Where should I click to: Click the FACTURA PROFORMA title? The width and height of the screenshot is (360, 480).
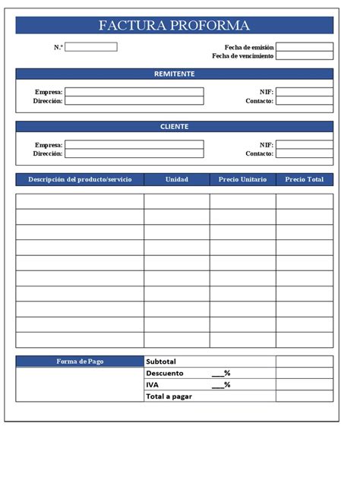(174, 26)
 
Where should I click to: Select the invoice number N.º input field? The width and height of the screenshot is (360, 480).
(91, 47)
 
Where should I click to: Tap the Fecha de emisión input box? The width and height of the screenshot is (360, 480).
(304, 47)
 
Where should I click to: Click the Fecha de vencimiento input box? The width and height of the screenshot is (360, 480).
(304, 56)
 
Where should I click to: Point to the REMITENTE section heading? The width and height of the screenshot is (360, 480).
(174, 74)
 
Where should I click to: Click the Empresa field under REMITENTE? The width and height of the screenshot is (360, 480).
(134, 92)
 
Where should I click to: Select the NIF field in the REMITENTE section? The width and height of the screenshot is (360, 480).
(304, 92)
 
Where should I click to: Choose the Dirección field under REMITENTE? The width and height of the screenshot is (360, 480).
(134, 101)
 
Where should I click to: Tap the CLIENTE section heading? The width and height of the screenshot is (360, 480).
(174, 127)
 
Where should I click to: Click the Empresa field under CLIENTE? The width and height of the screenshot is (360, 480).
(134, 144)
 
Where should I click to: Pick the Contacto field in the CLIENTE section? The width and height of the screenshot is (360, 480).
(304, 153)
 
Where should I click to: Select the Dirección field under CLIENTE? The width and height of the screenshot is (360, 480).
(134, 153)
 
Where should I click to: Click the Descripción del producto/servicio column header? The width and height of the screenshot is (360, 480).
(80, 180)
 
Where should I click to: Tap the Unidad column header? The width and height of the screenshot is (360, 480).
(177, 180)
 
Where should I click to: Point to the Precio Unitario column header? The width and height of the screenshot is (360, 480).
(242, 180)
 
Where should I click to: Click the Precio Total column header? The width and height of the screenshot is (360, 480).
(304, 180)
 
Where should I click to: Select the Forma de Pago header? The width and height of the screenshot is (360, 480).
(80, 362)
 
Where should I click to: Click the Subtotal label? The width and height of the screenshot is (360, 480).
(161, 362)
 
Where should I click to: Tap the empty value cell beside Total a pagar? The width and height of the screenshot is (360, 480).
(304, 396)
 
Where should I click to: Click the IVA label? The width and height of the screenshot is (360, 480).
(153, 384)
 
